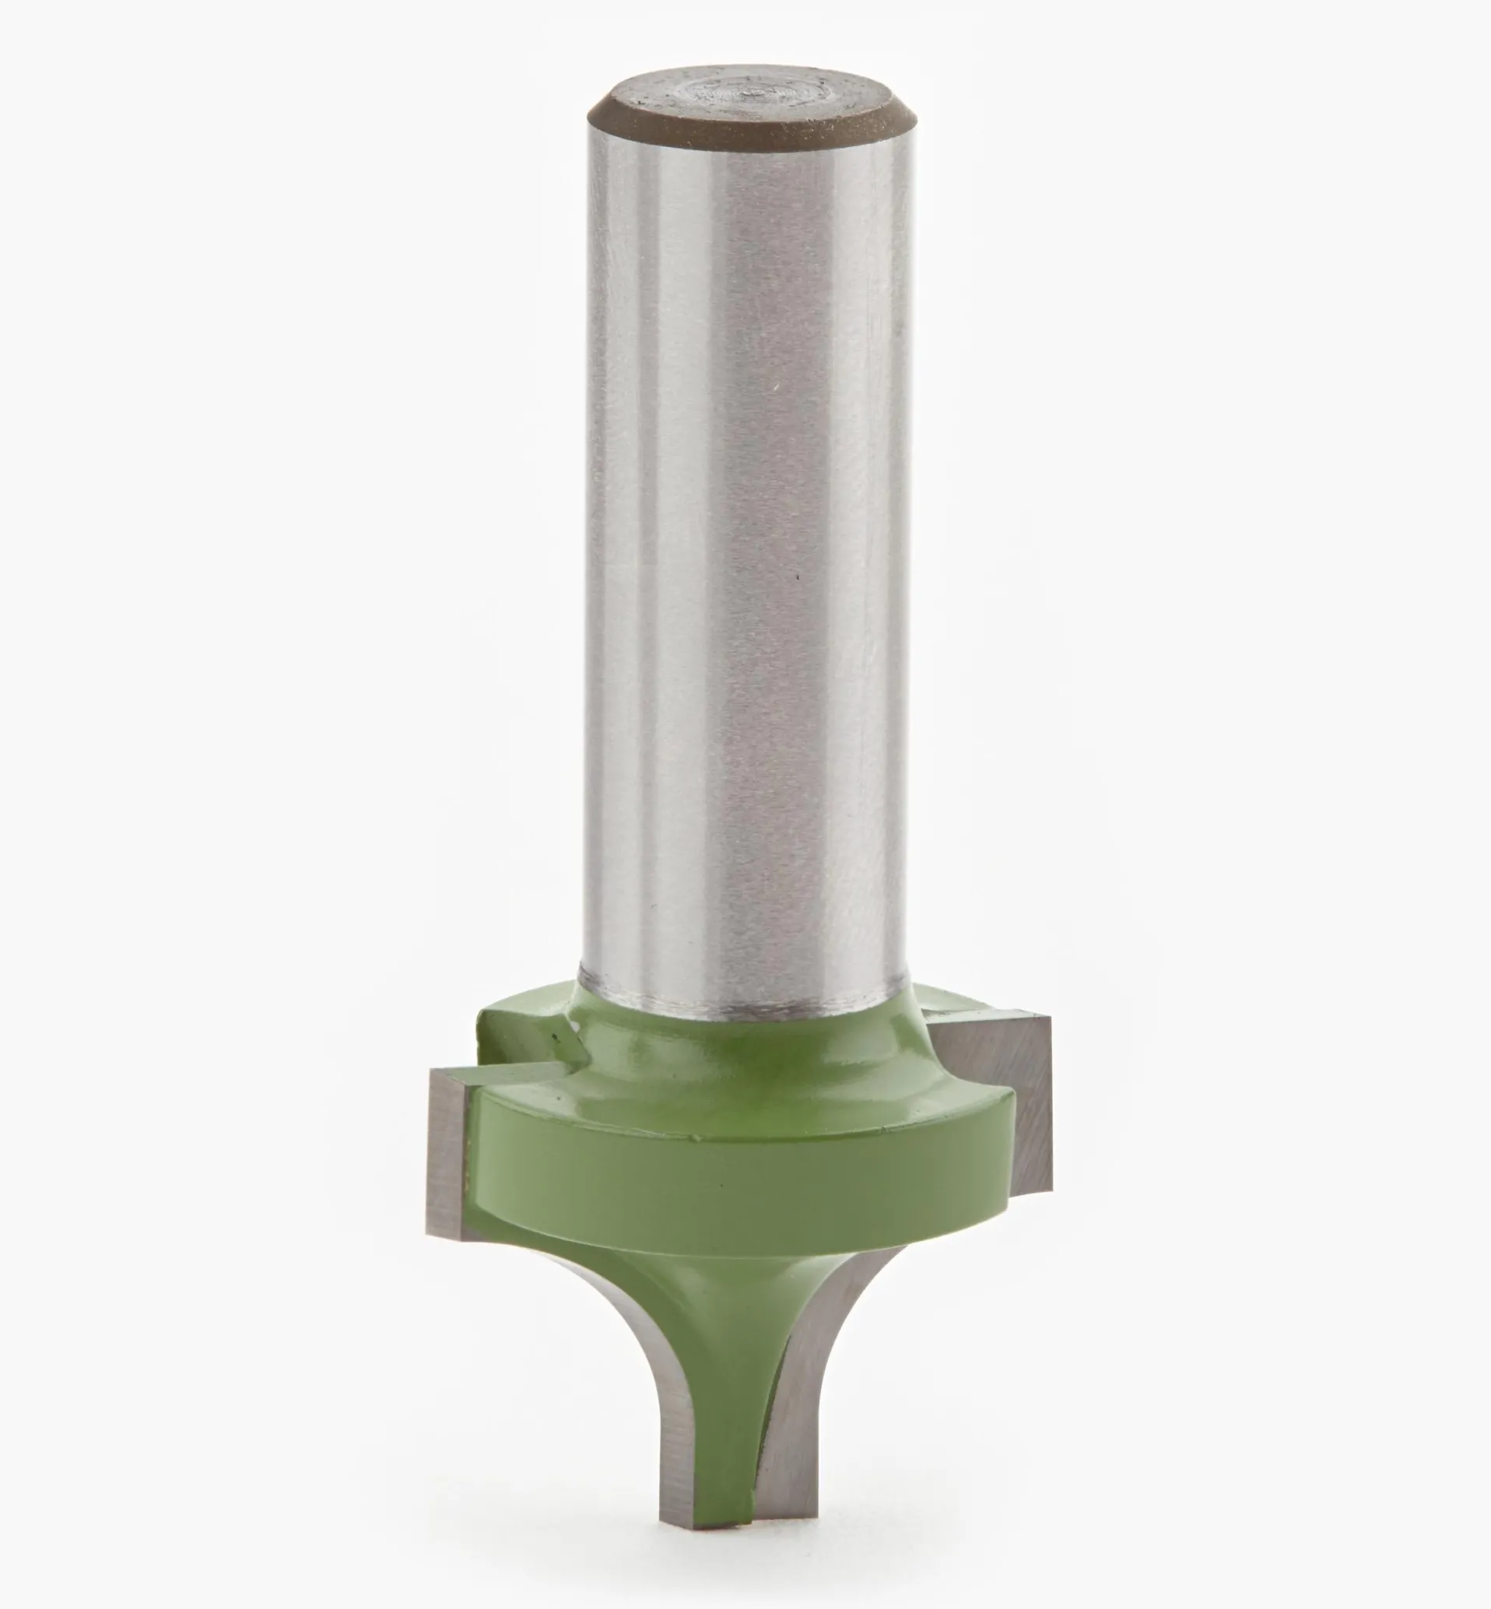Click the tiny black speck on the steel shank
click(797, 577)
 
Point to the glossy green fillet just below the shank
click(742, 1057)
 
